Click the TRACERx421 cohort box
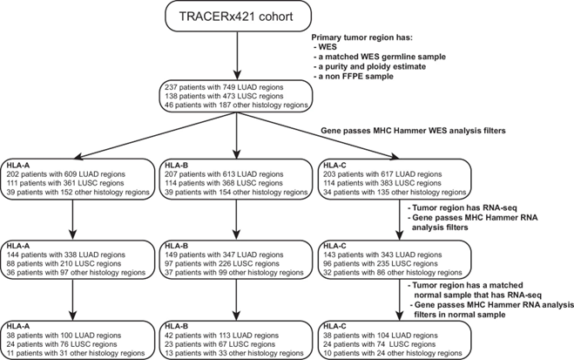pos(239,17)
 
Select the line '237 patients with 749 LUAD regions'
pos(224,87)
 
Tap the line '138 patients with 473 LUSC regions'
pos(224,96)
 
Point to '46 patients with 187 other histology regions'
pos(237,105)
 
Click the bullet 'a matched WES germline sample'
pos(380,57)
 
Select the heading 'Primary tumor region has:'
pos(361,37)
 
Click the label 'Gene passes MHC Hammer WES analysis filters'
pos(413,131)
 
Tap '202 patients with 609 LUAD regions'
pos(66,174)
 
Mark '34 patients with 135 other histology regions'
pos(395,193)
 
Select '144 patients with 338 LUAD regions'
pos(66,255)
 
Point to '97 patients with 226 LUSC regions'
pos(222,264)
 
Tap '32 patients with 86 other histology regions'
pos(393,273)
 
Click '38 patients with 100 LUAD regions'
pos(64,336)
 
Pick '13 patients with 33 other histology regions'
pos(234,353)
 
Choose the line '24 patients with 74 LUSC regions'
pos(379,344)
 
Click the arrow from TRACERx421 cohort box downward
pos(238,56)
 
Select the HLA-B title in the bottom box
pos(177,326)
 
